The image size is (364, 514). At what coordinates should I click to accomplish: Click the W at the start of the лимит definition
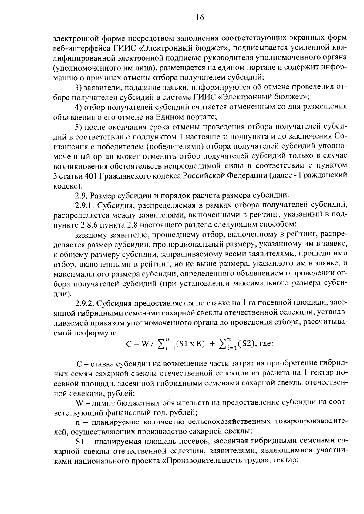point(79,403)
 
